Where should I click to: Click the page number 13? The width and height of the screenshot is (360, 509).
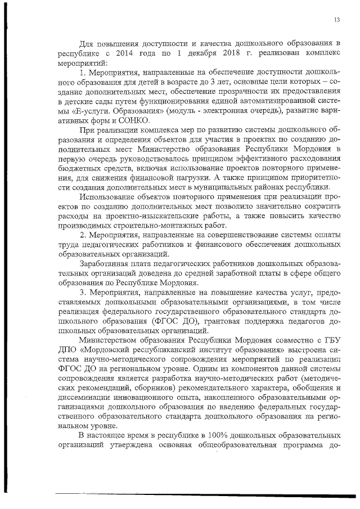point(336,20)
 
